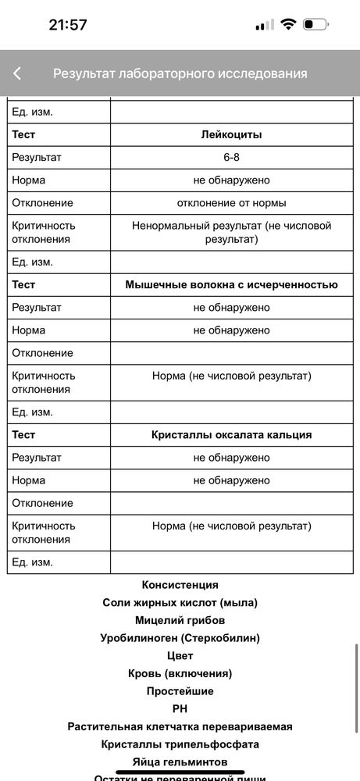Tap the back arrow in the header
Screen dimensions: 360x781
pyautogui.click(x=17, y=73)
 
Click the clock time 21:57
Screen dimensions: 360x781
pyautogui.click(x=68, y=24)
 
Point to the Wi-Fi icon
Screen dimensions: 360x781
pyautogui.click(x=288, y=24)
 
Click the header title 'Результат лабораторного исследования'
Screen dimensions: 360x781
pyautogui.click(x=180, y=73)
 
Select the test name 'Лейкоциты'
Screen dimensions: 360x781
pyautogui.click(x=231, y=134)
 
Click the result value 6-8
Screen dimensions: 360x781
pyautogui.click(x=231, y=157)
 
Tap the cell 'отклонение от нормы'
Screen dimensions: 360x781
pyautogui.click(x=231, y=203)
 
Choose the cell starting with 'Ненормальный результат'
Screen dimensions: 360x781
pyautogui.click(x=231, y=232)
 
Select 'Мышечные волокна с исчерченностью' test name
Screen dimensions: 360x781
pyautogui.click(x=231, y=285)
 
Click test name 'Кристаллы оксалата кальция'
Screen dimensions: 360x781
pyautogui.click(x=231, y=435)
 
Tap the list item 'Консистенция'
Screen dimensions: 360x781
pyautogui.click(x=180, y=585)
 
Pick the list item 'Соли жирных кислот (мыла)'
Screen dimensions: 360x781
pyautogui.click(x=180, y=603)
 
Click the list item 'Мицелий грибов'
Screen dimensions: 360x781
pyautogui.click(x=180, y=620)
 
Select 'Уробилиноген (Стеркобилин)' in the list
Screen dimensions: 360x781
pyautogui.click(x=180, y=638)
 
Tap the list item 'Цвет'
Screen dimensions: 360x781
pyautogui.click(x=180, y=656)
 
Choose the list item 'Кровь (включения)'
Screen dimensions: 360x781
pyautogui.click(x=180, y=673)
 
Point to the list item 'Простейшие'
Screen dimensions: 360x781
pyautogui.click(x=180, y=691)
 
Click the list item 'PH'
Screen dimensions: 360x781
pyautogui.click(x=180, y=709)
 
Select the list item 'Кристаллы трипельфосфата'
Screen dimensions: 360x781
pyautogui.click(x=180, y=744)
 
